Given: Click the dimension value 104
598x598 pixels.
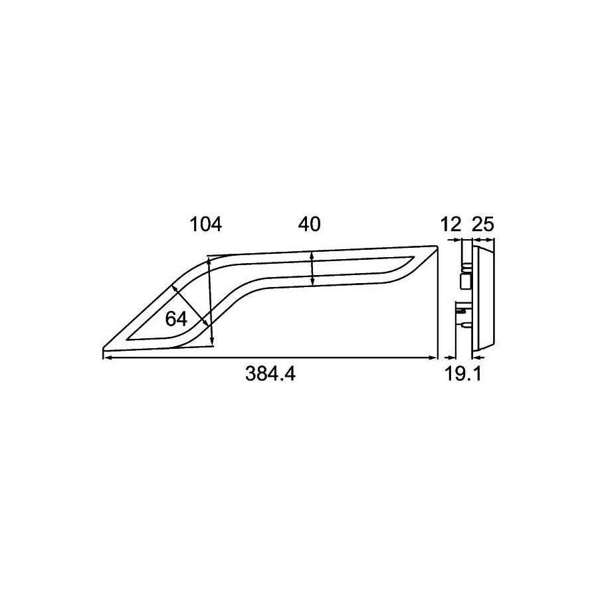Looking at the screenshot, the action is (x=206, y=225).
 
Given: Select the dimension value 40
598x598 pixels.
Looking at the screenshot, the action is (x=309, y=225).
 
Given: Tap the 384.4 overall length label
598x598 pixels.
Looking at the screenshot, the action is (x=270, y=373).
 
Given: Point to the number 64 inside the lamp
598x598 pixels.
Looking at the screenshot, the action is (x=176, y=319).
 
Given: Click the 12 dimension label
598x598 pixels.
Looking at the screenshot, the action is (x=450, y=225).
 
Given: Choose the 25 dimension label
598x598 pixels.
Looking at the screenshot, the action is (x=483, y=225).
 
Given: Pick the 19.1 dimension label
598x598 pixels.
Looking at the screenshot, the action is (x=463, y=374).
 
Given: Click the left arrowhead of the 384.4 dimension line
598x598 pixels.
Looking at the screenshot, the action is (x=108, y=357).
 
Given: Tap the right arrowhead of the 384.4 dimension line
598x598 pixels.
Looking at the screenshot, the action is (x=433, y=357).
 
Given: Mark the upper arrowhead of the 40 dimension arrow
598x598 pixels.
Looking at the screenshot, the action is (x=312, y=256).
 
